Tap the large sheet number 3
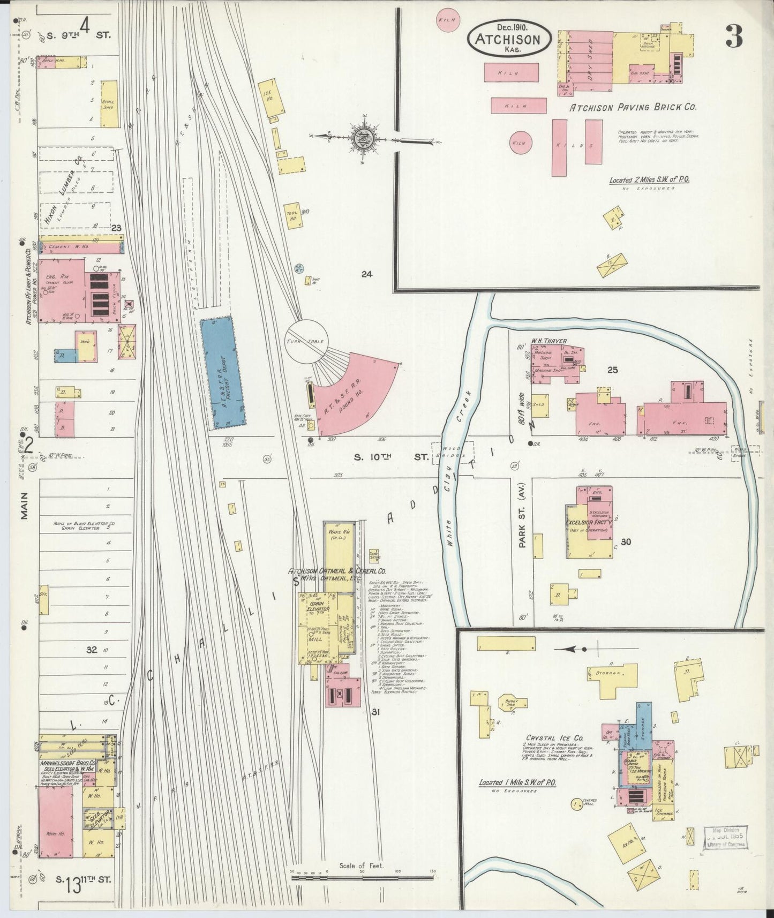pos(734,36)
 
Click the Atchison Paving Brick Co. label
pos(632,107)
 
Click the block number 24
pos(366,274)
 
